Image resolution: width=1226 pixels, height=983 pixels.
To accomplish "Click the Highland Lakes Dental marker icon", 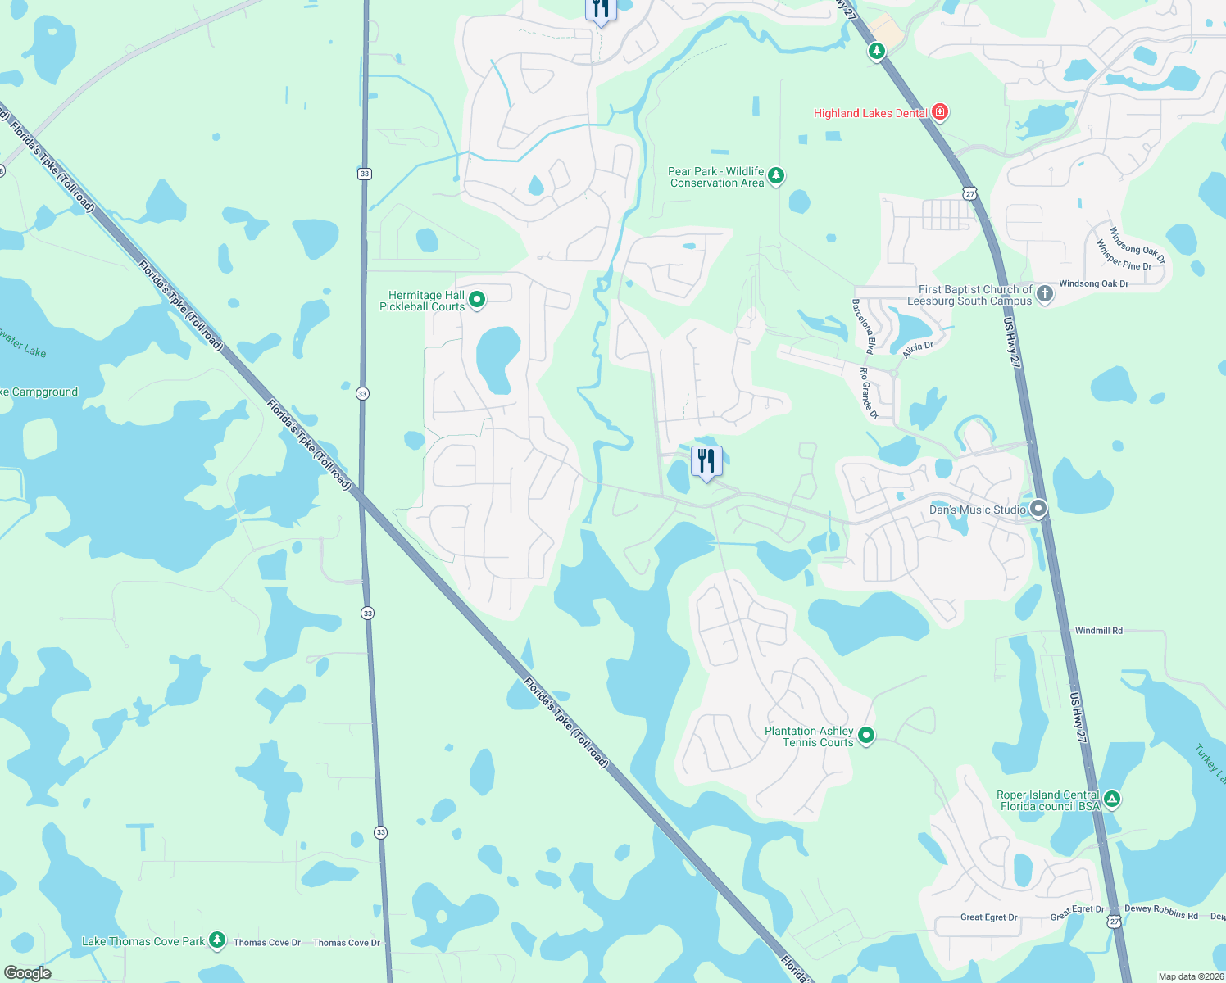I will pos(940,112).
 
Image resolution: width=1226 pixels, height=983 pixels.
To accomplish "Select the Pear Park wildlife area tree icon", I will pos(776,176).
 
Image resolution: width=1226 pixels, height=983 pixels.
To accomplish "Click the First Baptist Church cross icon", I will pos(1044,294).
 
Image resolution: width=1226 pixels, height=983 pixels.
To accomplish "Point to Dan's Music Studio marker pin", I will pos(1038,510).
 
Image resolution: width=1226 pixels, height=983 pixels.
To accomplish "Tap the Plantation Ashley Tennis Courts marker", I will pos(866,736).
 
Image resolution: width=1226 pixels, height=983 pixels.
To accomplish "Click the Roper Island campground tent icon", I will pos(1111,800).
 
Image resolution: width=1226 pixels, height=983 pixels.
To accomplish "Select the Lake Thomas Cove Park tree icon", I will pos(216,940).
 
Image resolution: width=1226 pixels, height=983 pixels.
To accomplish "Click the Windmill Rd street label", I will pos(1098,631).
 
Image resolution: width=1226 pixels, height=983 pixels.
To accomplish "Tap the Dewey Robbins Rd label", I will pos(1160,912).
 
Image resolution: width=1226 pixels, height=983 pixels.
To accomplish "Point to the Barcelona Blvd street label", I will pos(864,326).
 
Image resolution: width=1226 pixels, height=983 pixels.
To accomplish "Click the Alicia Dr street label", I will pos(918,349).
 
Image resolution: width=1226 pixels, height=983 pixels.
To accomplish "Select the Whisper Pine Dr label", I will pos(1124,255).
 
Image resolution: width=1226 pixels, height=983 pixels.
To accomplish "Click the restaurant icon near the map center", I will pos(706,461).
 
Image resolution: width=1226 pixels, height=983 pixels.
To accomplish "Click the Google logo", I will pos(27,973).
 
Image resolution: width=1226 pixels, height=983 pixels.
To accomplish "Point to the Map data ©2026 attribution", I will pos(1191,976).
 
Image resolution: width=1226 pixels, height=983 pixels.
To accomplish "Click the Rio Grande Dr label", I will pos(869,394).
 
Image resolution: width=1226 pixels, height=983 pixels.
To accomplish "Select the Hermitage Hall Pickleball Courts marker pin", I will pos(476,301).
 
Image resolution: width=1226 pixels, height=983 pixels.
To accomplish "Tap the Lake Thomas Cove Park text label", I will pos(143,941).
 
